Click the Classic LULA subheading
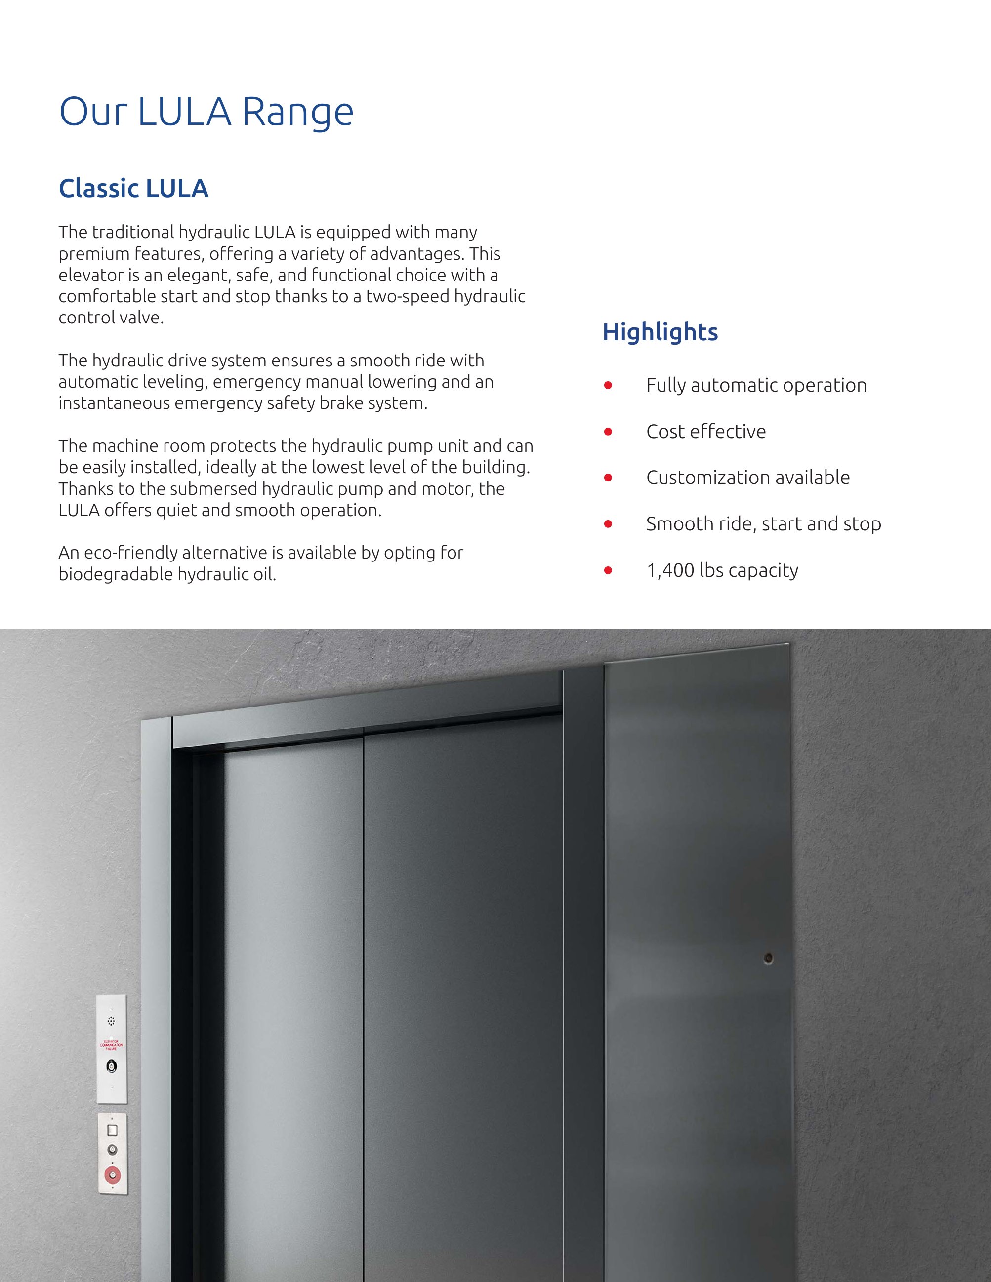(x=133, y=189)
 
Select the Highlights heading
(x=660, y=332)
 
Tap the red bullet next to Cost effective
(x=608, y=432)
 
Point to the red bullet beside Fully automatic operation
(x=608, y=385)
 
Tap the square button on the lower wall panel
(x=112, y=1130)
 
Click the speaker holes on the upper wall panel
(x=112, y=1021)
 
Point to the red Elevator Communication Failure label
(x=112, y=1045)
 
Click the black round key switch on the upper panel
(x=112, y=1065)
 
